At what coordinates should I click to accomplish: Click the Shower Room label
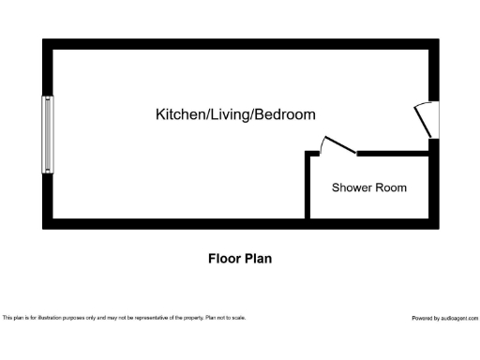369,187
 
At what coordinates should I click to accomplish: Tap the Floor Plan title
239,258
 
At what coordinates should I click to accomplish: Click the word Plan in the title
258,258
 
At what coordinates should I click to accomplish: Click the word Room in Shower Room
392,187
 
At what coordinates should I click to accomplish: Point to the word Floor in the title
222,258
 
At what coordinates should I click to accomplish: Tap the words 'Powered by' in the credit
425,318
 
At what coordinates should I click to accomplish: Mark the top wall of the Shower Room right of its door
394,152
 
